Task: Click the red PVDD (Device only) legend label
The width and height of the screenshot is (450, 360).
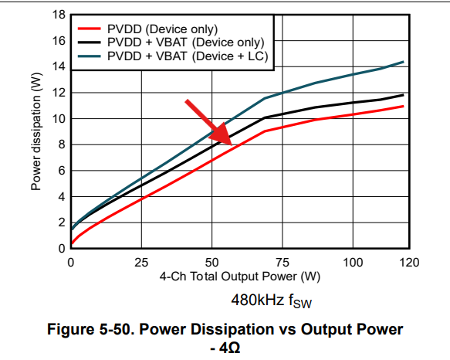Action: pyautogui.click(x=162, y=29)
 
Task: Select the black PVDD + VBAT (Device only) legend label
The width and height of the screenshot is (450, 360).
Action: pyautogui.click(x=186, y=42)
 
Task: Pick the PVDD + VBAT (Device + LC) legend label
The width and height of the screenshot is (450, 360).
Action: pyautogui.click(x=188, y=56)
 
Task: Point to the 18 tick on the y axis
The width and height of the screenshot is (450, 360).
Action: pyautogui.click(x=59, y=15)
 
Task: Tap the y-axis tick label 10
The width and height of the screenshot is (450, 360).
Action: pyautogui.click(x=59, y=119)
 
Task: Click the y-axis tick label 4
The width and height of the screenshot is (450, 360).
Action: pyautogui.click(x=62, y=197)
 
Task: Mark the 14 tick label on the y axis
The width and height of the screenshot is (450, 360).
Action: pyautogui.click(x=59, y=66)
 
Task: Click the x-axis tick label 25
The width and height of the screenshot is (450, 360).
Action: pyautogui.click(x=141, y=263)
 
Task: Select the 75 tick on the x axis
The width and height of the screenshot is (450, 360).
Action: pyautogui.click(x=283, y=263)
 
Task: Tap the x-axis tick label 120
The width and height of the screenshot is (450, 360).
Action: pyautogui.click(x=409, y=263)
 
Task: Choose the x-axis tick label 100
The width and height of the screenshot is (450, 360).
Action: pyautogui.click(x=353, y=263)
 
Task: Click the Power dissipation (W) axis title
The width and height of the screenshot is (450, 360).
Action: pyautogui.click(x=36, y=131)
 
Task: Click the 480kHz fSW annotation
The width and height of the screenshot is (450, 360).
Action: pyautogui.click(x=271, y=301)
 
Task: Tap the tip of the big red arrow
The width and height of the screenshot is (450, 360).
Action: pyautogui.click(x=232, y=145)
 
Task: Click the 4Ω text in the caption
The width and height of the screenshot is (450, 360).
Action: pyautogui.click(x=229, y=348)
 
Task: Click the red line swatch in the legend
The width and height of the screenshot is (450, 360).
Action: pyautogui.click(x=90, y=29)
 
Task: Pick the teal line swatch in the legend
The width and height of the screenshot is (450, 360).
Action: pyautogui.click(x=90, y=56)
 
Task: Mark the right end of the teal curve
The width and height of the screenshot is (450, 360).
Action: pyautogui.click(x=404, y=62)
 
